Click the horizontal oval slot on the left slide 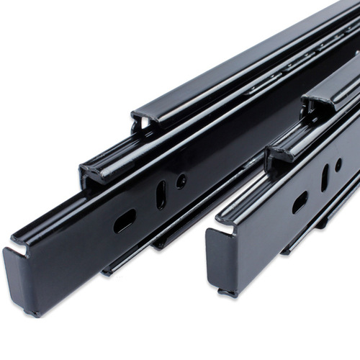coord(124,221)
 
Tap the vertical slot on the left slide coord(161,195)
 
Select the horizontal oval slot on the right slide coord(300,202)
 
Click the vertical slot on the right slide coord(325,177)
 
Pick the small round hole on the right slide coord(338,165)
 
